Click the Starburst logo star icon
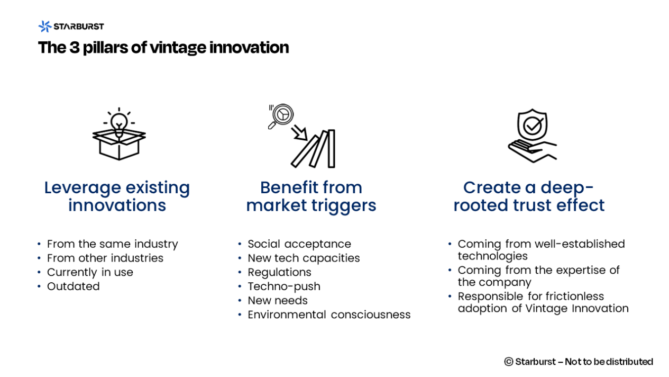(44, 26)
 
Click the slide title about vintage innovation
(163, 48)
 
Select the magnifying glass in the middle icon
(280, 115)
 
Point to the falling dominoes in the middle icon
(316, 149)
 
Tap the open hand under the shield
(531, 150)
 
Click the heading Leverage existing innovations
(117, 196)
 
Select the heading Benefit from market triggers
(311, 196)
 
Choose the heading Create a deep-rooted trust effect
(528, 196)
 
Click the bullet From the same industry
(112, 244)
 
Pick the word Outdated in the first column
(73, 286)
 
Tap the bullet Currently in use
(90, 272)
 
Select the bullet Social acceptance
(299, 244)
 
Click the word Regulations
(279, 272)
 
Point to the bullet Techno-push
(284, 286)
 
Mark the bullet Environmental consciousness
(329, 315)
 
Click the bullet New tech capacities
(304, 258)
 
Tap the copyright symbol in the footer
(509, 362)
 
